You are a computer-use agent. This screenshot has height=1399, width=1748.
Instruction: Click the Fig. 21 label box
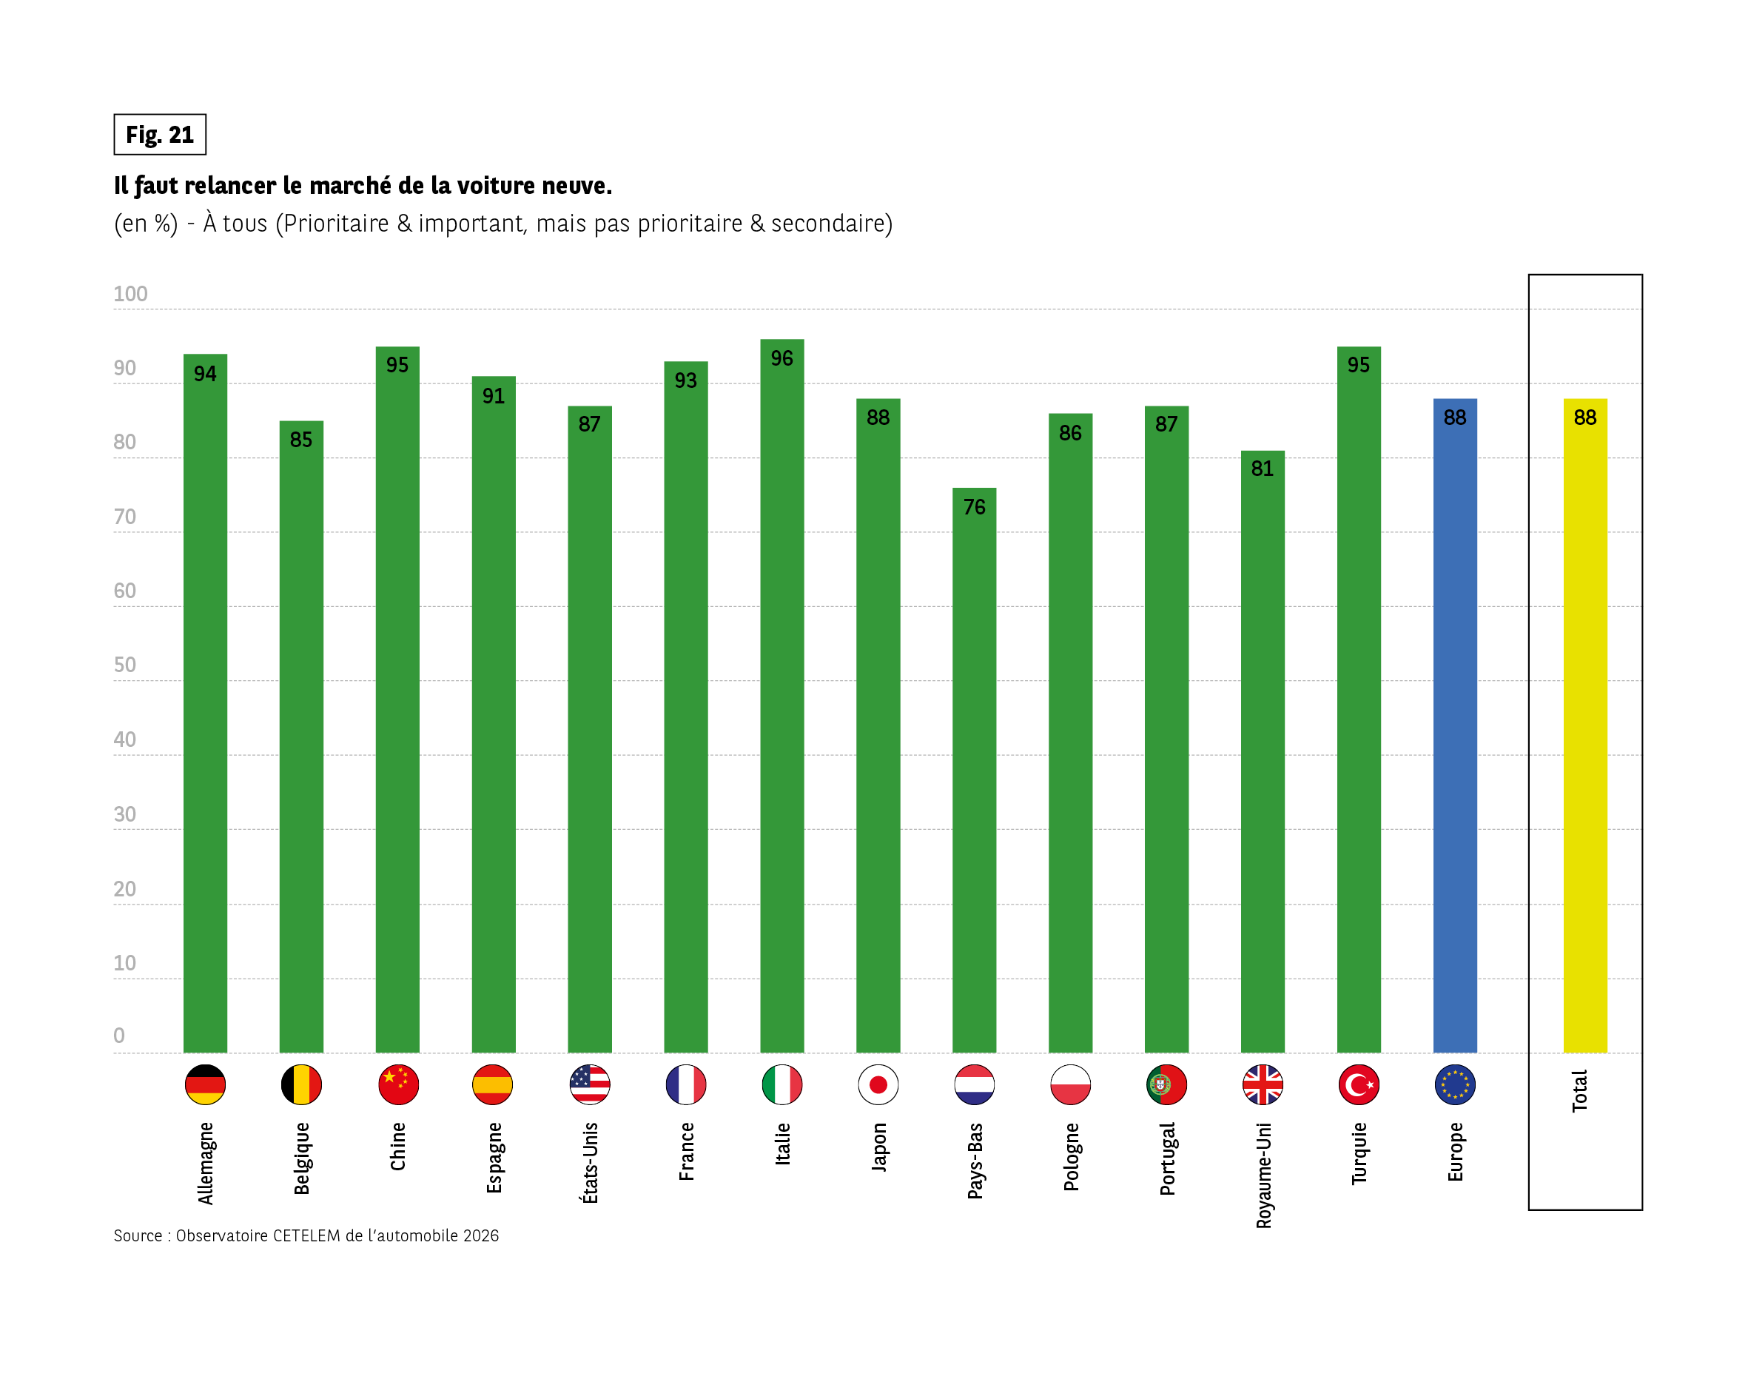(x=160, y=135)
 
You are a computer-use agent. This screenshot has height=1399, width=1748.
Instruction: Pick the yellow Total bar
(x=1585, y=730)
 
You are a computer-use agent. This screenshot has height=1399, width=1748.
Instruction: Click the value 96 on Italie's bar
(x=781, y=358)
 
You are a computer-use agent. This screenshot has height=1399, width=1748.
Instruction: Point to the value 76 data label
(x=974, y=508)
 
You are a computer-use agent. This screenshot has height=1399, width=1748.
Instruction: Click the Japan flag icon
(x=878, y=1084)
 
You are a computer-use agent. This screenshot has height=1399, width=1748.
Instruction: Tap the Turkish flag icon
(x=1359, y=1084)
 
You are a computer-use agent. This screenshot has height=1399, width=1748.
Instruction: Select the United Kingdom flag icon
(x=1263, y=1084)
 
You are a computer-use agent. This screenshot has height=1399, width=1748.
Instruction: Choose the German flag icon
(x=205, y=1084)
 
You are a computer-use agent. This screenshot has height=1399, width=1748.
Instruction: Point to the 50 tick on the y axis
(x=125, y=665)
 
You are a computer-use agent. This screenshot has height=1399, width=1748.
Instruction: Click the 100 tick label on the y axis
(x=130, y=294)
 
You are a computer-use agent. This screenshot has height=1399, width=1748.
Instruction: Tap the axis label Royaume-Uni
(x=1263, y=1175)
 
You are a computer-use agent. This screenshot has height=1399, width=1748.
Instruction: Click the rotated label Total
(x=1579, y=1091)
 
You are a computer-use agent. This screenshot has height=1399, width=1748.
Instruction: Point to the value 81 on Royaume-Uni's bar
(x=1263, y=469)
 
